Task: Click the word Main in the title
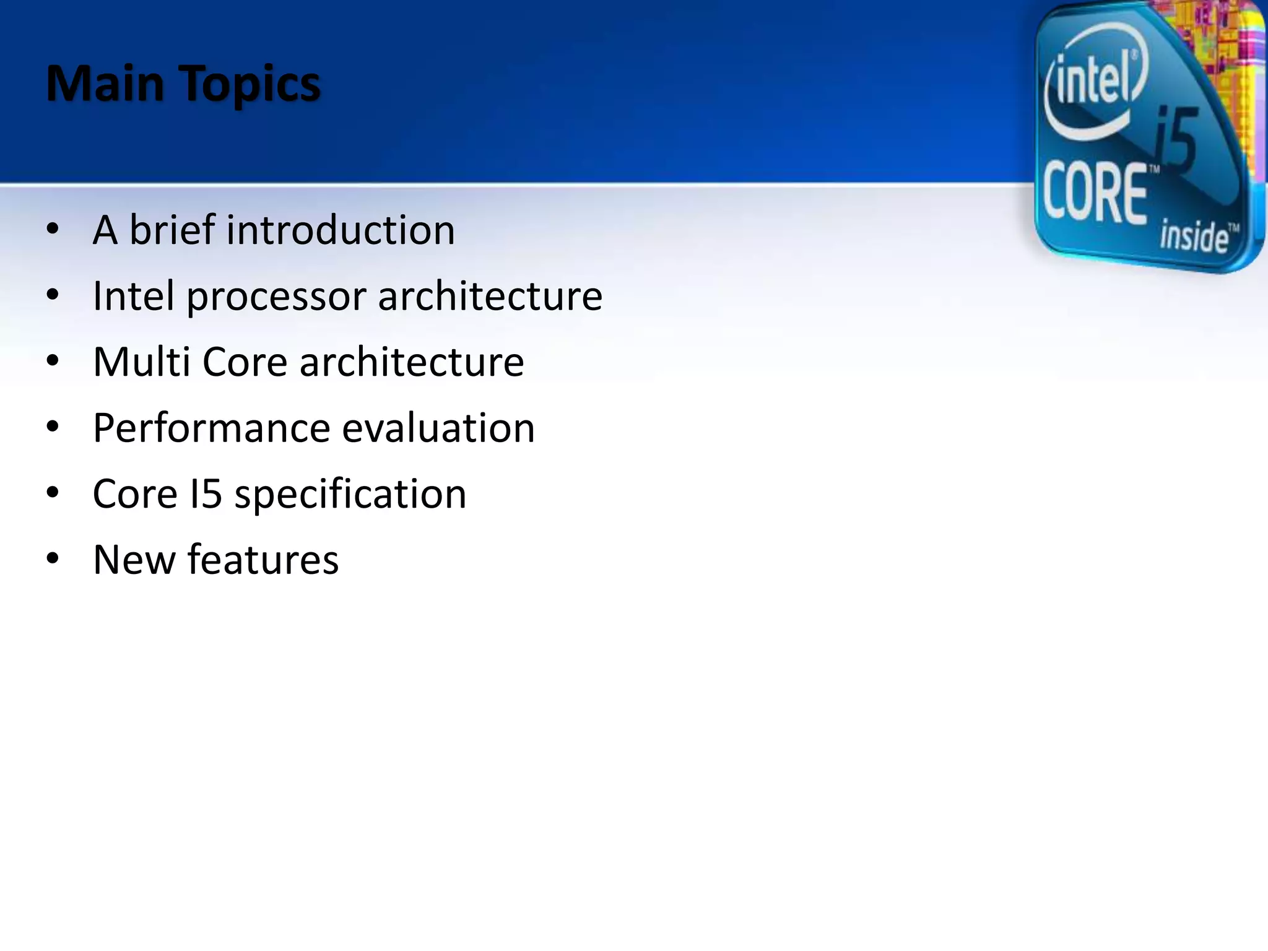click(x=105, y=84)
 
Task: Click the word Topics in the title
click(x=251, y=85)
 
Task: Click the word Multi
click(x=141, y=362)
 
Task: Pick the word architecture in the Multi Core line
click(x=412, y=362)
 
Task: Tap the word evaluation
click(x=438, y=428)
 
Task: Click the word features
click(x=263, y=560)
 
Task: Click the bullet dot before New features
click(x=53, y=558)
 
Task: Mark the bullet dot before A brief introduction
click(x=53, y=228)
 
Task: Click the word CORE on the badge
click(x=1095, y=193)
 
